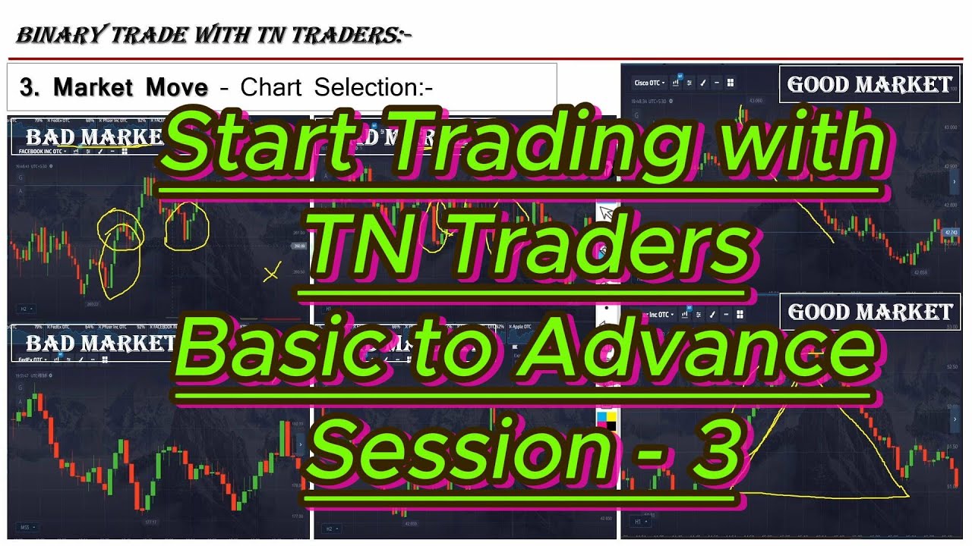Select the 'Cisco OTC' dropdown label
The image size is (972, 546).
[649, 83]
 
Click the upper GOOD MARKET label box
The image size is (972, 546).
[869, 84]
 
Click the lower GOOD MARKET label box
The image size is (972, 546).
[869, 312]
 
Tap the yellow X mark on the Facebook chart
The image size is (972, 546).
[271, 273]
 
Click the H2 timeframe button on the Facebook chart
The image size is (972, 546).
[24, 309]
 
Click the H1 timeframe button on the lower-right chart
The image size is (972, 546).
[639, 522]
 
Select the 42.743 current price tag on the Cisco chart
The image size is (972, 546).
[950, 232]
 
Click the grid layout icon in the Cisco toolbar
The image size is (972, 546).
[730, 83]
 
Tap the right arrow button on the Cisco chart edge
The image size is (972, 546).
[955, 182]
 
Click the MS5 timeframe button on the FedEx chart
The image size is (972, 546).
[25, 526]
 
